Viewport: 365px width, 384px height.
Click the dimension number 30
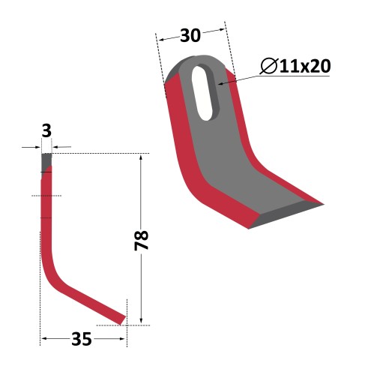click(190, 35)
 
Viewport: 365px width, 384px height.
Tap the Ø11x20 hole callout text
click(295, 66)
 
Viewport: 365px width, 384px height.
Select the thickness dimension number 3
click(46, 130)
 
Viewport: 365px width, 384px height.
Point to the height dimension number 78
click(142, 241)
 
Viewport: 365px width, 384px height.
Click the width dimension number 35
click(82, 339)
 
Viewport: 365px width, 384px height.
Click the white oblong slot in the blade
click(205, 93)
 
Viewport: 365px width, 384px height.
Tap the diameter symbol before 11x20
click(269, 66)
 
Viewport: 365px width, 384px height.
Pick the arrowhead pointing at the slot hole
click(221, 83)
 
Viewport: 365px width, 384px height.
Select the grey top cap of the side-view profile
click(46, 161)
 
